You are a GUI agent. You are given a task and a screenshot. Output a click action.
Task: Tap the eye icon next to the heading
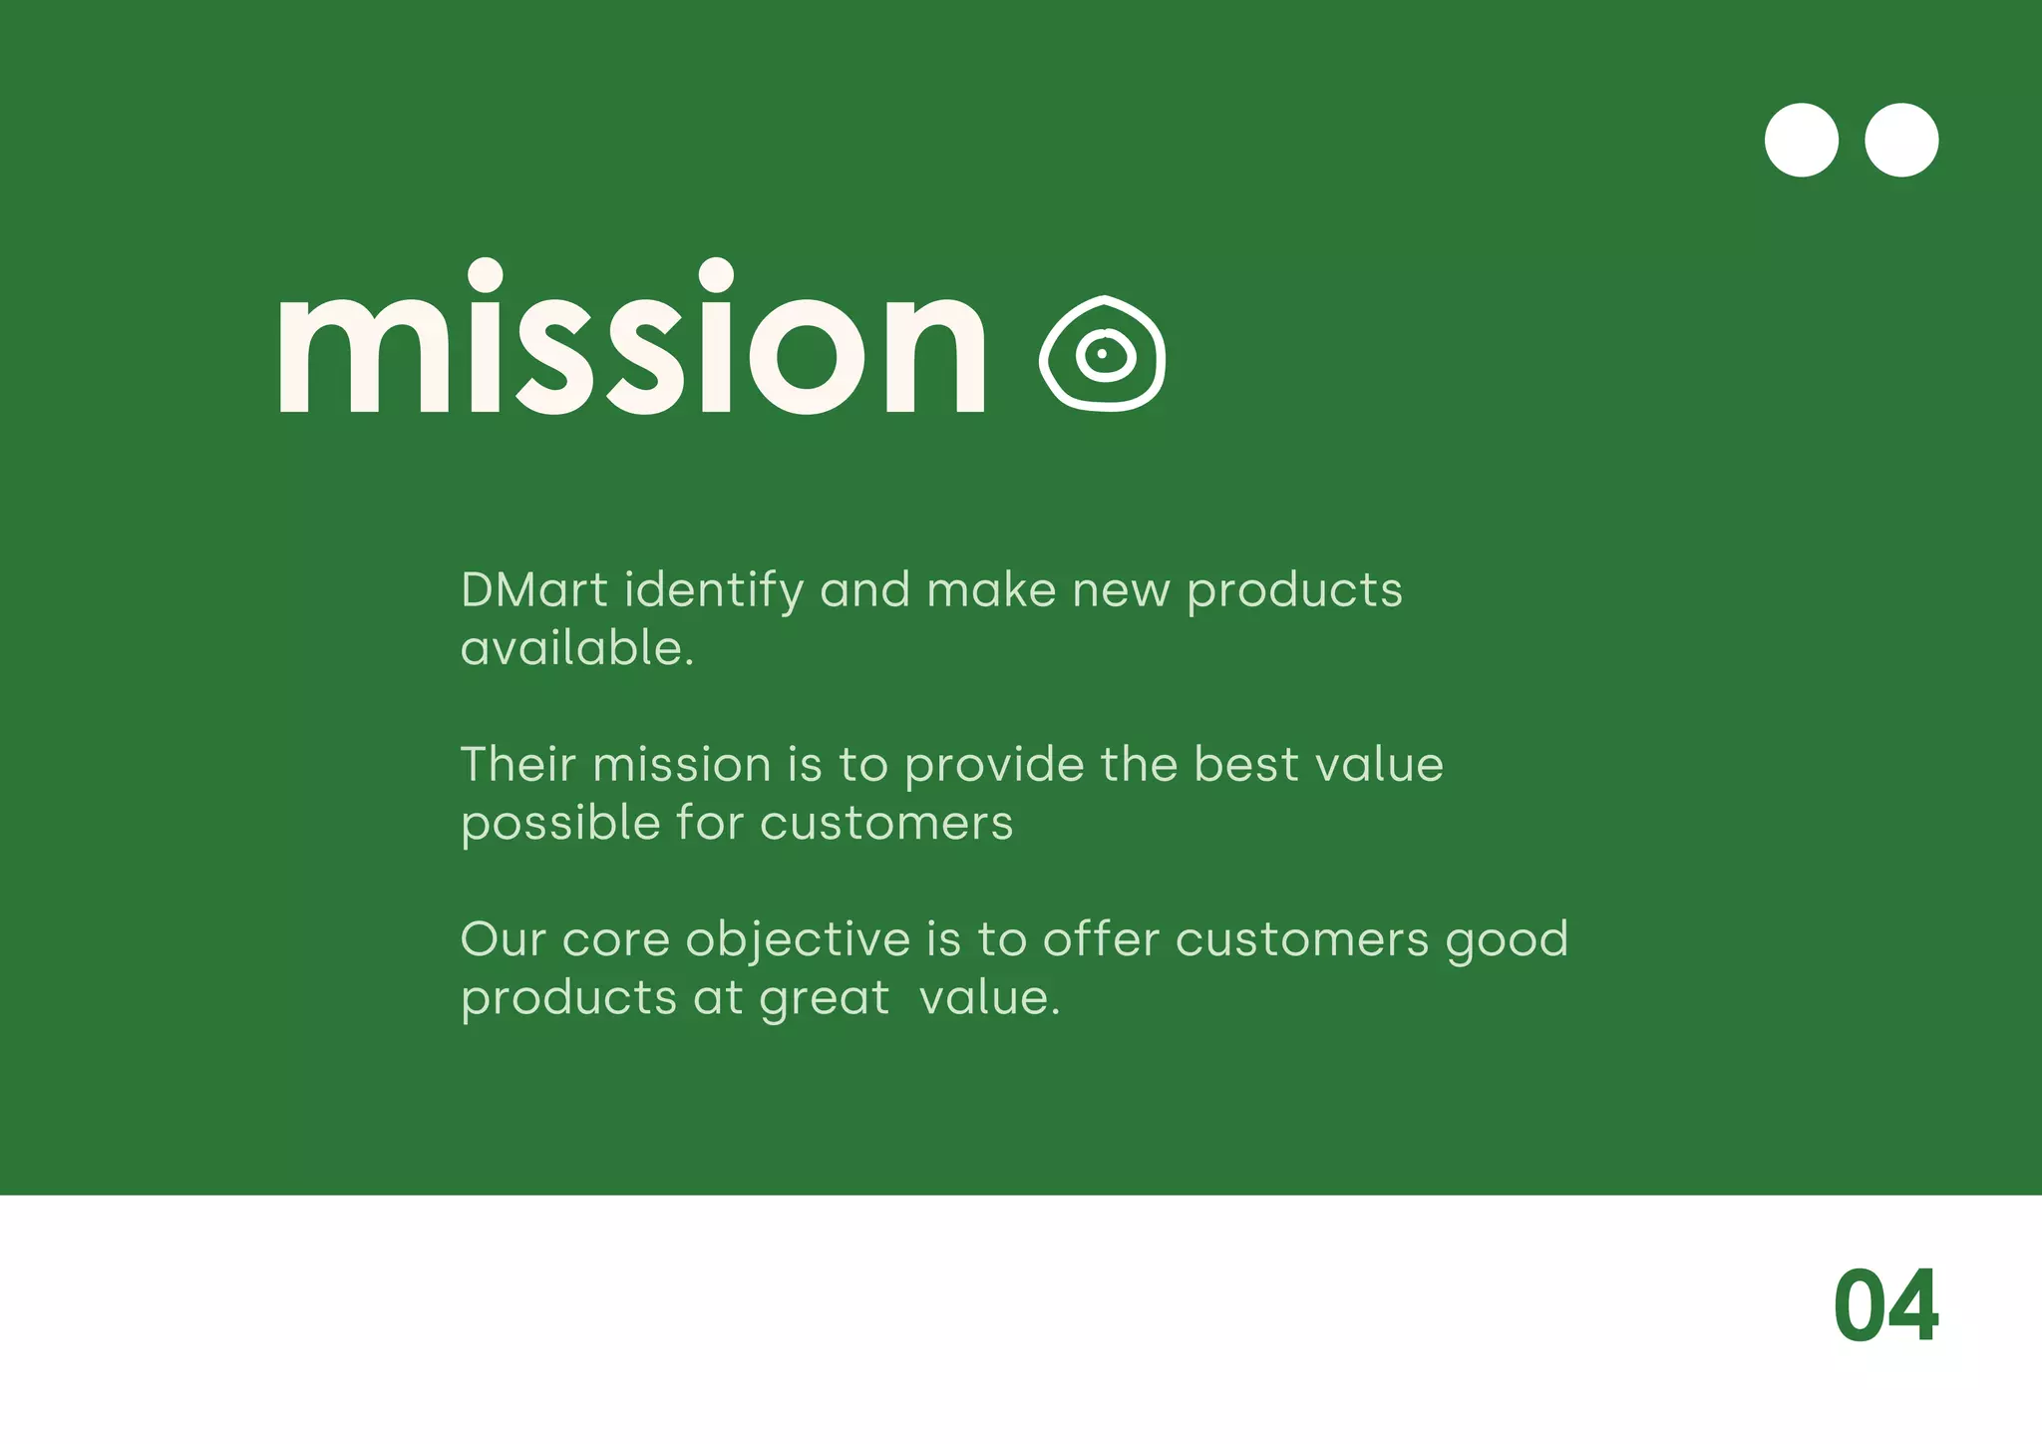(x=1103, y=353)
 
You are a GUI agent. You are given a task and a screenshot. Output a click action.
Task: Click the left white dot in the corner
(x=1802, y=141)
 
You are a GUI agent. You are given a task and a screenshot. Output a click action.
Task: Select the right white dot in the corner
(x=1901, y=141)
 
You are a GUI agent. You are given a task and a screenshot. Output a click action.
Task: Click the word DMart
(x=533, y=590)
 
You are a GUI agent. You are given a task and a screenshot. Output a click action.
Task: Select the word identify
(x=714, y=591)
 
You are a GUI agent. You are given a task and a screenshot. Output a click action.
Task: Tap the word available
(x=576, y=649)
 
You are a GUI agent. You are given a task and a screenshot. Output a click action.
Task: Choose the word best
(x=1246, y=765)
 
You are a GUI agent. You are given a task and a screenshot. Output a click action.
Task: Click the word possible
(x=560, y=825)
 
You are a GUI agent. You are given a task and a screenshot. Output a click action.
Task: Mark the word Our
(x=504, y=940)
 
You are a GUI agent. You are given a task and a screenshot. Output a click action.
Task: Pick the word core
(x=615, y=940)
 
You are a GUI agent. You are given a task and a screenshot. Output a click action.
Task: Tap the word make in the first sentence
(x=990, y=590)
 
